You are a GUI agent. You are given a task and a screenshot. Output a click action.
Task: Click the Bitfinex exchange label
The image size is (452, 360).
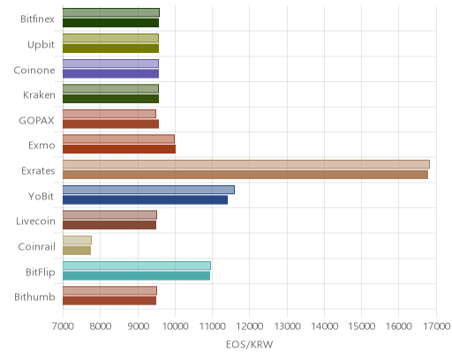pyautogui.click(x=37, y=19)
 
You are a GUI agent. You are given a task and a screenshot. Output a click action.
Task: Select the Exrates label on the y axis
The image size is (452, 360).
pyautogui.click(x=38, y=171)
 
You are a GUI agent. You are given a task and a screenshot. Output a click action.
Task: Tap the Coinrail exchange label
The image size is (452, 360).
pyautogui.click(x=37, y=246)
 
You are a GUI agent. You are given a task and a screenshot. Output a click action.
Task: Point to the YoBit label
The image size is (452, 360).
pyautogui.click(x=41, y=196)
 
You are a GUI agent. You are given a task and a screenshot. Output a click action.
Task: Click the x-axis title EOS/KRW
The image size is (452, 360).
pyautogui.click(x=249, y=344)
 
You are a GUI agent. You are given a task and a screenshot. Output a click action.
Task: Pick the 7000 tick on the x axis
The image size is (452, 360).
pyautogui.click(x=63, y=326)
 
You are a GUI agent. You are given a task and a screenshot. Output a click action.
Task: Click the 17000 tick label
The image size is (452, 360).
pyautogui.click(x=436, y=326)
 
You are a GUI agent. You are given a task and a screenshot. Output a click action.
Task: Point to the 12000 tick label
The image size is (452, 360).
pyautogui.click(x=250, y=326)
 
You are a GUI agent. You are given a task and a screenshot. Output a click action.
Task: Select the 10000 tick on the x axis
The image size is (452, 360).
pyautogui.click(x=175, y=326)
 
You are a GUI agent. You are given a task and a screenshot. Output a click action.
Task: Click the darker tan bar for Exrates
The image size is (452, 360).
pyautogui.click(x=245, y=175)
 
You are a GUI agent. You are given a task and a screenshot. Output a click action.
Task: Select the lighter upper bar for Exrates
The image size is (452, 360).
pyautogui.click(x=246, y=164)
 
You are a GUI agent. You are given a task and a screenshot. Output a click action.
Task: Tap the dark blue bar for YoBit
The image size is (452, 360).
pyautogui.click(x=145, y=200)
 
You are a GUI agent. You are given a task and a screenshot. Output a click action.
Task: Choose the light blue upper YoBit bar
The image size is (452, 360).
pyautogui.click(x=148, y=190)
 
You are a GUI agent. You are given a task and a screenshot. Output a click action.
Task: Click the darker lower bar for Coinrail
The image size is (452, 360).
pyautogui.click(x=77, y=251)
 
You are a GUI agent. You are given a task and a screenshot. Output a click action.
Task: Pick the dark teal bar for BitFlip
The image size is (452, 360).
pyautogui.click(x=136, y=276)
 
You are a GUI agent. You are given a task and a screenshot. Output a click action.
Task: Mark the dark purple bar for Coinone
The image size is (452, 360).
pyautogui.click(x=110, y=74)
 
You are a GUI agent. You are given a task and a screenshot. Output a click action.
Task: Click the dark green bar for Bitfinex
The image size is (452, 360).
pyautogui.click(x=110, y=23)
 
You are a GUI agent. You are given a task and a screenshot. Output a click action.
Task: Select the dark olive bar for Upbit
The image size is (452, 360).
pyautogui.click(x=110, y=49)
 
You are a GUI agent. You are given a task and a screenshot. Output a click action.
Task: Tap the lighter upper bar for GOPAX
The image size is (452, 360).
pyautogui.click(x=109, y=114)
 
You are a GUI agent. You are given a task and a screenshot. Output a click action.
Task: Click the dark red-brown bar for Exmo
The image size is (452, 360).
pyautogui.click(x=119, y=149)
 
